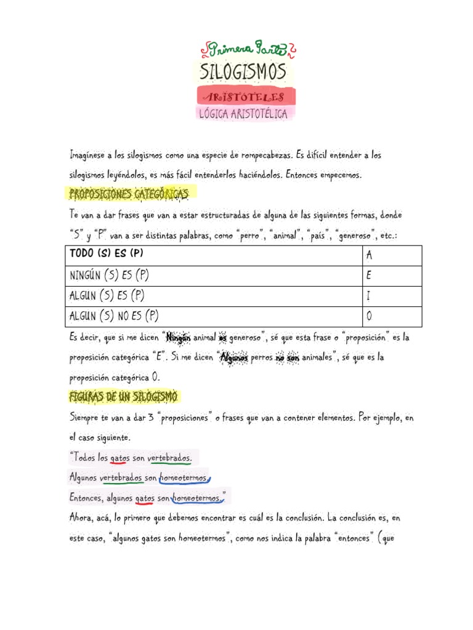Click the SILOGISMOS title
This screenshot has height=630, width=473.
243,72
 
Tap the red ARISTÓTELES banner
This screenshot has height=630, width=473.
246,97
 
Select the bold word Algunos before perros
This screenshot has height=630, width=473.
233,357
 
